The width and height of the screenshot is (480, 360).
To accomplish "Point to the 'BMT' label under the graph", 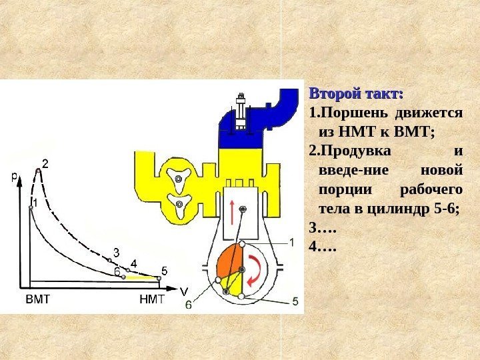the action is click(37, 299).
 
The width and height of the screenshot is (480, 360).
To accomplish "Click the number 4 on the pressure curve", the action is click(133, 263).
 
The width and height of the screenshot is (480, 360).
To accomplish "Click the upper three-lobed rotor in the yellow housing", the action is click(178, 179).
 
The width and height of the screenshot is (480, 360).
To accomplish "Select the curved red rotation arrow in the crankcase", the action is click(256, 270).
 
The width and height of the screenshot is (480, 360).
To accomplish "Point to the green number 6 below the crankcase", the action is click(189, 304).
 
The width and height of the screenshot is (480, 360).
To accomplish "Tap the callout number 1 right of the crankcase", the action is click(291, 242).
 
